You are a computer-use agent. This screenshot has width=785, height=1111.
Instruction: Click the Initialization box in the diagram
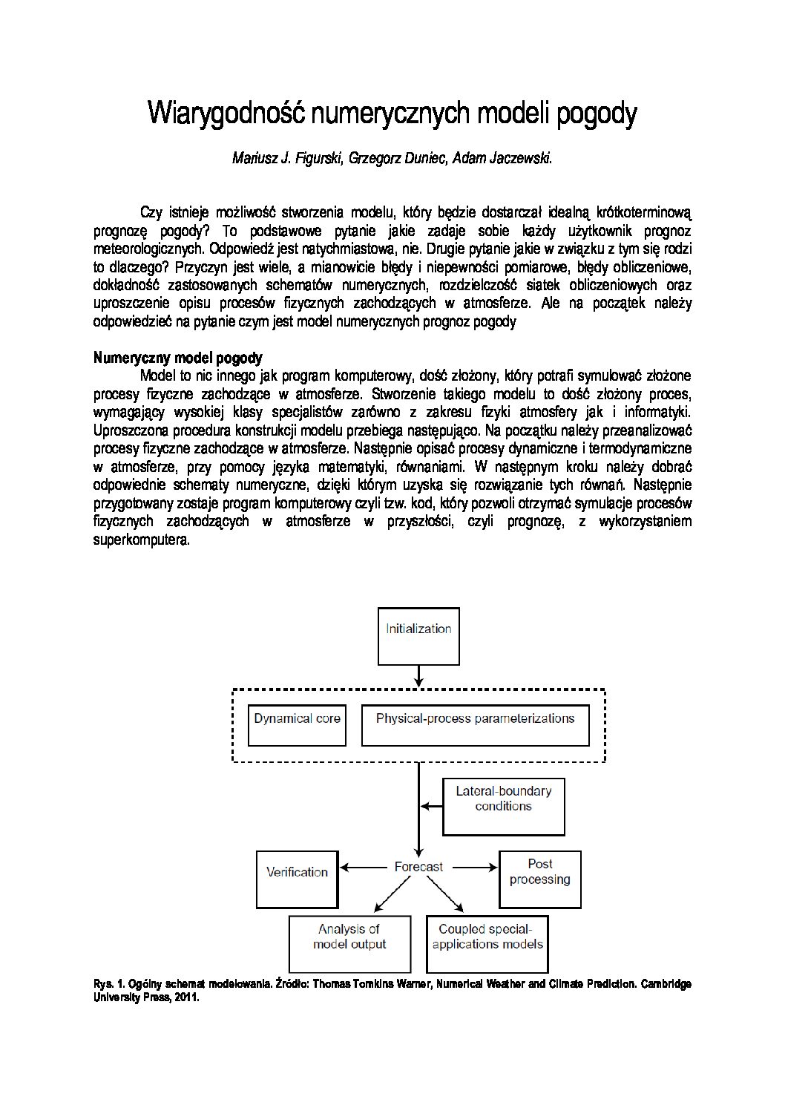[418, 636]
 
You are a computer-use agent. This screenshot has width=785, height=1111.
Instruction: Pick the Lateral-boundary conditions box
[503, 806]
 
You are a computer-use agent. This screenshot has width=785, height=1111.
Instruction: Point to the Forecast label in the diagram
[418, 866]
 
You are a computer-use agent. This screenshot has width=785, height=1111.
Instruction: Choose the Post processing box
[539, 879]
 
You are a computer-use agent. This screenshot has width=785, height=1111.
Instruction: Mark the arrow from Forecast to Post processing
[474, 866]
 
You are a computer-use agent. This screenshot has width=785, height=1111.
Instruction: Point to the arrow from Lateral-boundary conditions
[432, 804]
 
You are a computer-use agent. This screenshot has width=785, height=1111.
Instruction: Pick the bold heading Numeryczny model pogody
[178, 358]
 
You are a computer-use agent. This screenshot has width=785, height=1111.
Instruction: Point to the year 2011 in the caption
[187, 998]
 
